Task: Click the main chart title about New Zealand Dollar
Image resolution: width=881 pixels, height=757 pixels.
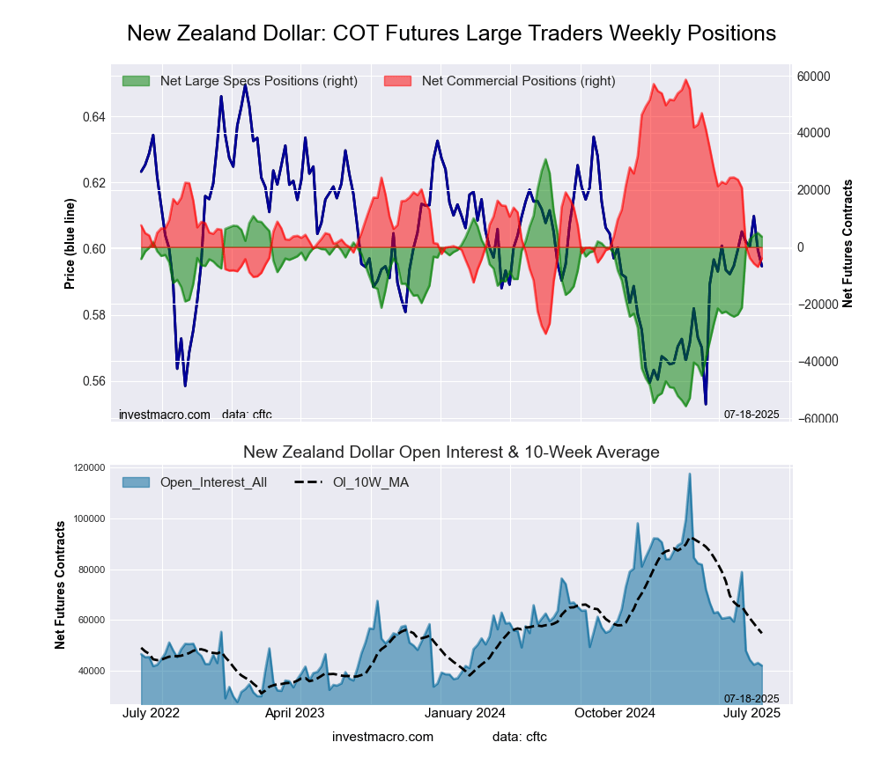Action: (451, 33)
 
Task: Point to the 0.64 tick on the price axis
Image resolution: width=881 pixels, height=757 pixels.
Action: (93, 117)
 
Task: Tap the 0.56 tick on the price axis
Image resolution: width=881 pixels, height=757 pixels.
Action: (93, 381)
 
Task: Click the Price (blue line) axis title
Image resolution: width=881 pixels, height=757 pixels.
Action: (70, 245)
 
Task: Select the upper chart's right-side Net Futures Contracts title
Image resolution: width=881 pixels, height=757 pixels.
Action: (848, 244)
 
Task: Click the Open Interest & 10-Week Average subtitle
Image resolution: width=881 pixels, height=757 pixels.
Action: (451, 452)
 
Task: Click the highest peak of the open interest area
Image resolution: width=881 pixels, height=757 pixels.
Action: (689, 474)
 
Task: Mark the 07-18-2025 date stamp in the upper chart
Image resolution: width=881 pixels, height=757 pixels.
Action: (751, 414)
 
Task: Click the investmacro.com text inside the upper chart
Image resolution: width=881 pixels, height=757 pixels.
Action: (165, 414)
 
